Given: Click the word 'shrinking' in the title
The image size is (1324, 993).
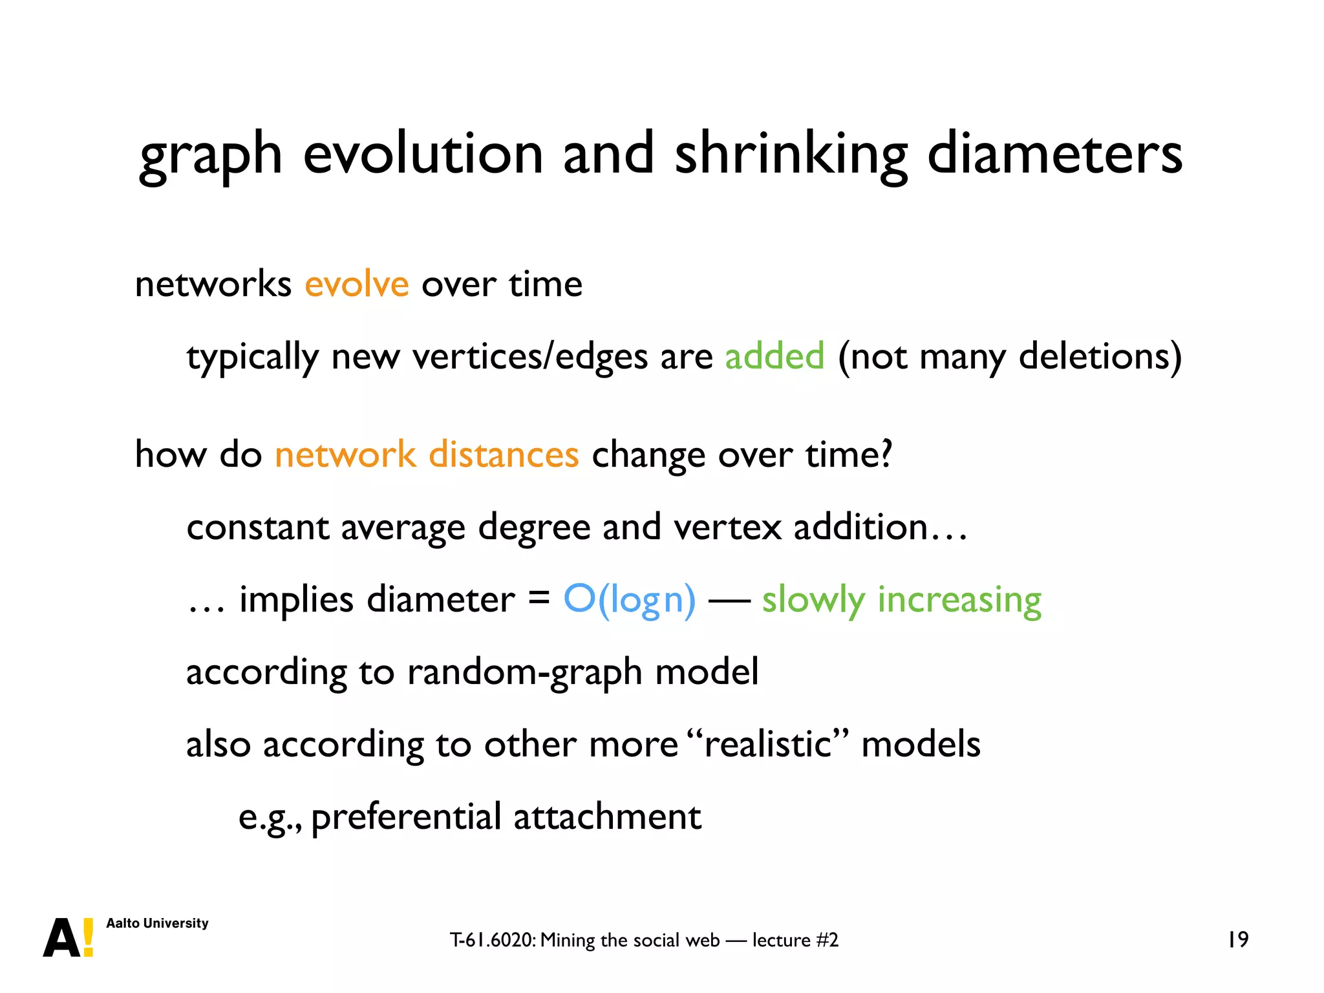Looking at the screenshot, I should pyautogui.click(x=791, y=155).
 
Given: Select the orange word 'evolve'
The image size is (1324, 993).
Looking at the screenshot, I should pyautogui.click(x=356, y=284).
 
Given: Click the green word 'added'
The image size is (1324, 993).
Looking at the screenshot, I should pyautogui.click(x=774, y=356).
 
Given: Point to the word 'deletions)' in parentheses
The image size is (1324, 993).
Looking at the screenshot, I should pyautogui.click(x=1100, y=356).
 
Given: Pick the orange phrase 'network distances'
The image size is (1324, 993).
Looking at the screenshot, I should pyautogui.click(x=427, y=454).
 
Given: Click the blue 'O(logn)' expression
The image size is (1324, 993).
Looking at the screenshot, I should pyautogui.click(x=630, y=600).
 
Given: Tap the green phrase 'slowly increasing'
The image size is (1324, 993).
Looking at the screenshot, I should pyautogui.click(x=901, y=600).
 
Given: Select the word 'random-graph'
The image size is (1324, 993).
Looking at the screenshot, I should pyautogui.click(x=524, y=672).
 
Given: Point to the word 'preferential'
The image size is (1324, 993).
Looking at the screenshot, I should pyautogui.click(x=406, y=817).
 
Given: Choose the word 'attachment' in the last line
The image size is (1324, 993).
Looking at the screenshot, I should pyautogui.click(x=607, y=817).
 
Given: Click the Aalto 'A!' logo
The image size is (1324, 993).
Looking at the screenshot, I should pyautogui.click(x=68, y=937).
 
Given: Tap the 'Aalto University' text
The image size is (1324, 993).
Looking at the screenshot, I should pyautogui.click(x=157, y=923).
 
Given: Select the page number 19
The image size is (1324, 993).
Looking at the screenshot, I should pyautogui.click(x=1237, y=939).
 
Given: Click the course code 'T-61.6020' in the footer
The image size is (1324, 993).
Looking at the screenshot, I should pyautogui.click(x=492, y=940).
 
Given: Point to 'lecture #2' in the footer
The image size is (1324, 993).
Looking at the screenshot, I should pyautogui.click(x=795, y=940).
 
